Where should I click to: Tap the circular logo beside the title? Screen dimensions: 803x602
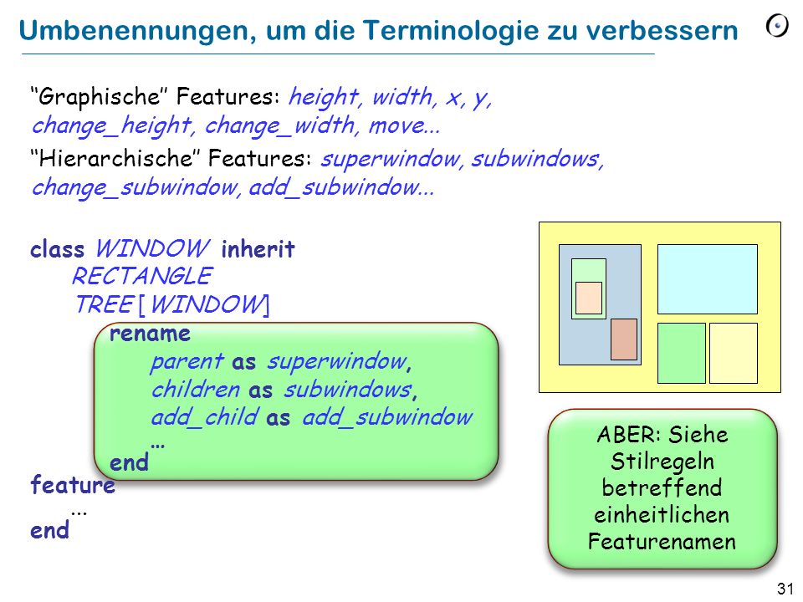[777, 26]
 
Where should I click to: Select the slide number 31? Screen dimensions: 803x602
[785, 589]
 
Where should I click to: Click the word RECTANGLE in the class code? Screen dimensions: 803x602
[142, 276]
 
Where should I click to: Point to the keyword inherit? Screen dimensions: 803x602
[258, 249]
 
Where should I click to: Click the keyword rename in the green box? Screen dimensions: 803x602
[150, 334]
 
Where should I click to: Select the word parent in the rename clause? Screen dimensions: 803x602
[187, 362]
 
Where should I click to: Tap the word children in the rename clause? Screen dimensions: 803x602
[196, 390]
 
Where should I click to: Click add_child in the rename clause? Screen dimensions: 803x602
[205, 417]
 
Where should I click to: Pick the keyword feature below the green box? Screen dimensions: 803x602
[73, 484]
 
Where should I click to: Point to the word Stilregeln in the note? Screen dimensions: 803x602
[662, 462]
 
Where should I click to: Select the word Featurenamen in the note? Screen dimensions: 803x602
[662, 541]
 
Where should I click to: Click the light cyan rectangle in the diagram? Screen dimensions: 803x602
[708, 279]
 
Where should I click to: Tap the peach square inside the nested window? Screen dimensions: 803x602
[589, 298]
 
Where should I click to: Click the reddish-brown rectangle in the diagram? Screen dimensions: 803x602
[624, 339]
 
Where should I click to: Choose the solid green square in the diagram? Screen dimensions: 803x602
[682, 353]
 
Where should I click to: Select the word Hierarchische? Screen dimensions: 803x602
[115, 158]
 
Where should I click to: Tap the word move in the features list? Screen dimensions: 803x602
[397, 126]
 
